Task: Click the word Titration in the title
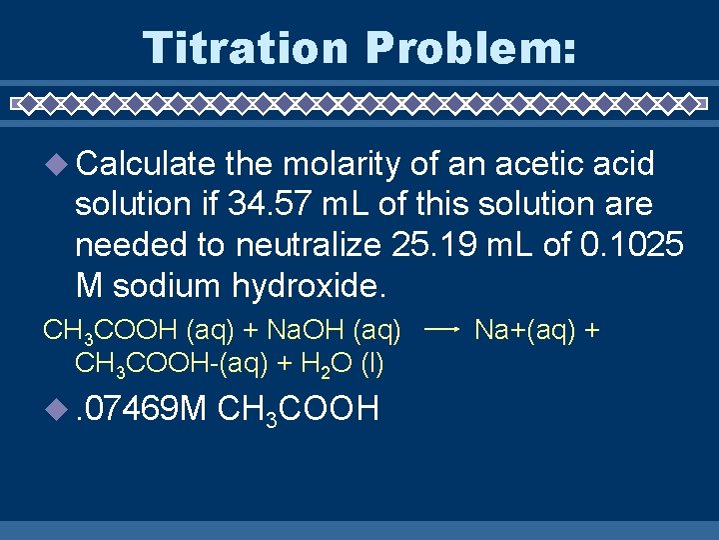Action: point(246,47)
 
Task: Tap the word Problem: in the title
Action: point(471,47)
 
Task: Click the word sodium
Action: point(170,286)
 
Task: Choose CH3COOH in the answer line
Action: point(297,409)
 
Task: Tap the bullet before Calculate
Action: point(52,164)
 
